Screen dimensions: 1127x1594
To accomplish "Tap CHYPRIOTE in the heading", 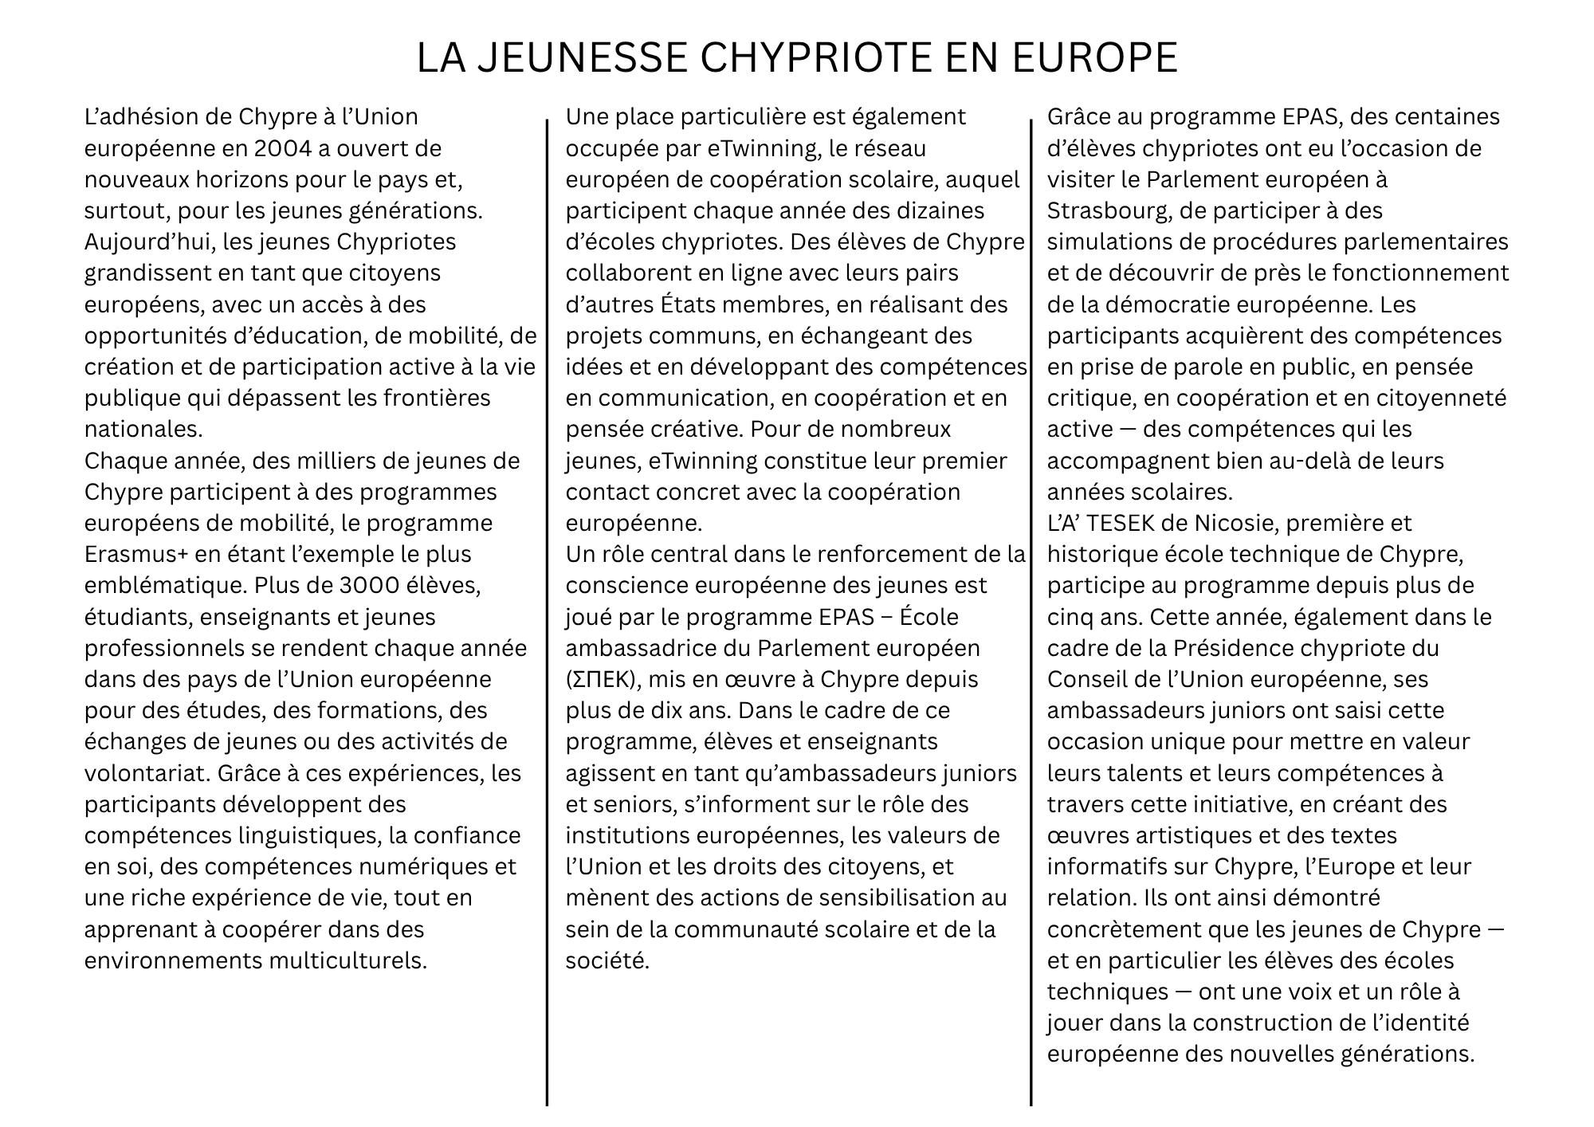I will (x=829, y=57).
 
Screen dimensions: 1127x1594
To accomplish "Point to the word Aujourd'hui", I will (x=150, y=241).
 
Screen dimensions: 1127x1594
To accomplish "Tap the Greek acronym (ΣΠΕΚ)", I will (x=603, y=679).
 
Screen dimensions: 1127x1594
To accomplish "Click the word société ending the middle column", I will (x=607, y=960).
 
